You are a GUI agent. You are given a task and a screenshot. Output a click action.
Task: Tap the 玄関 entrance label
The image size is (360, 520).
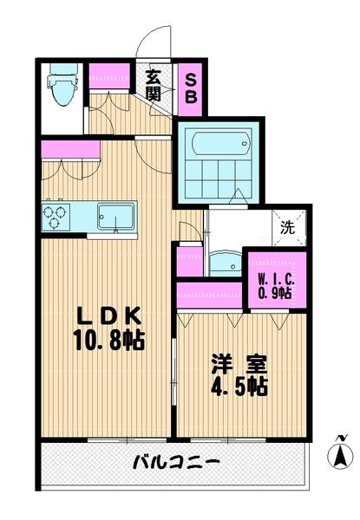coord(153,85)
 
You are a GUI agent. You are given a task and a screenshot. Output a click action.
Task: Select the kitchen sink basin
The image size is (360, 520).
coord(115,215)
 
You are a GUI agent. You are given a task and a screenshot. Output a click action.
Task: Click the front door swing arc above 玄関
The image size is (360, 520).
coord(156,43)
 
